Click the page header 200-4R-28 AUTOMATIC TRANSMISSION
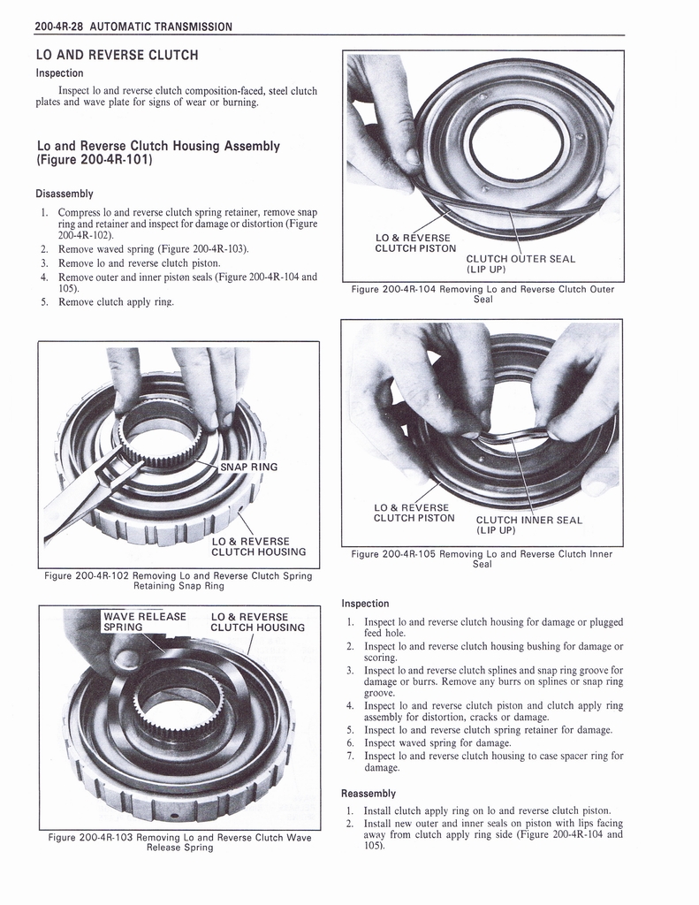pos(133,27)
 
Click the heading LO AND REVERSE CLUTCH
pos(118,55)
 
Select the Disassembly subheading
pos(65,194)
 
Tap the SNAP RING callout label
pos(249,467)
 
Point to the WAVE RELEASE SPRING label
pos(144,621)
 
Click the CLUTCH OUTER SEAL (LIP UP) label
pos(520,263)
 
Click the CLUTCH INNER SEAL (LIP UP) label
pos(528,525)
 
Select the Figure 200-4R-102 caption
pos(179,581)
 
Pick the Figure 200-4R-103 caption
pos(179,842)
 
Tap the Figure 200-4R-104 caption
pos(482,293)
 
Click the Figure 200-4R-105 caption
pos(482,559)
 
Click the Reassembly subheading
pos(368,793)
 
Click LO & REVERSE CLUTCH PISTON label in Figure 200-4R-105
pos(414,513)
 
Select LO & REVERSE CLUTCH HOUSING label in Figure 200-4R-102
pos(259,546)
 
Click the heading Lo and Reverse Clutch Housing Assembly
pos(158,152)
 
